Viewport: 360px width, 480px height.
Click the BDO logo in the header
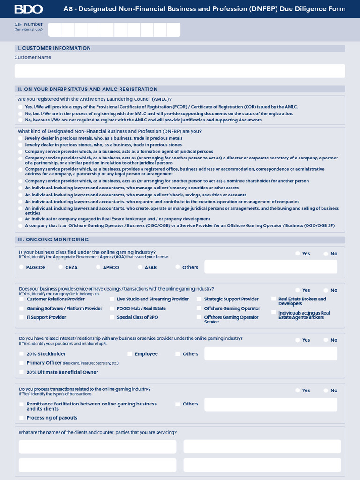tap(29, 9)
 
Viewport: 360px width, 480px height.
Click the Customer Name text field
tap(180, 71)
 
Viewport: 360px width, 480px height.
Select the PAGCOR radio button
tap(22, 267)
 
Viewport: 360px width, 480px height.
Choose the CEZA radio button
tap(61, 267)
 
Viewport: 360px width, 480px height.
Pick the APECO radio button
tap(98, 267)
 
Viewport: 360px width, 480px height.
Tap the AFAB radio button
tap(140, 267)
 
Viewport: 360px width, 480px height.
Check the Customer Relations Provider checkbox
tap(22, 299)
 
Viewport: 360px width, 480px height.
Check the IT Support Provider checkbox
tap(22, 317)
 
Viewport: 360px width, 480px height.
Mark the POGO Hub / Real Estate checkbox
tap(112, 308)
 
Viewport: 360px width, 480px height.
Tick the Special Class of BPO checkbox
tap(112, 317)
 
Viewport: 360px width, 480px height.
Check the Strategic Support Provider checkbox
tap(199, 299)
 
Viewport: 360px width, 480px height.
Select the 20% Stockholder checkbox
tap(22, 354)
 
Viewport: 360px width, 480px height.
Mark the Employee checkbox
tap(130, 354)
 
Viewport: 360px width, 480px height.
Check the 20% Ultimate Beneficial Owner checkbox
tap(22, 372)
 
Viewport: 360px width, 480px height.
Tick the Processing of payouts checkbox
tap(22, 418)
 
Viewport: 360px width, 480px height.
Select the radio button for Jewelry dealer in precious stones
tap(20, 145)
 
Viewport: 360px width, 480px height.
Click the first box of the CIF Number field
tap(55, 30)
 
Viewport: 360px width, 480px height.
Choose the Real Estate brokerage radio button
tap(20, 219)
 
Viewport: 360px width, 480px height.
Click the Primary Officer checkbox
tap(22, 363)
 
